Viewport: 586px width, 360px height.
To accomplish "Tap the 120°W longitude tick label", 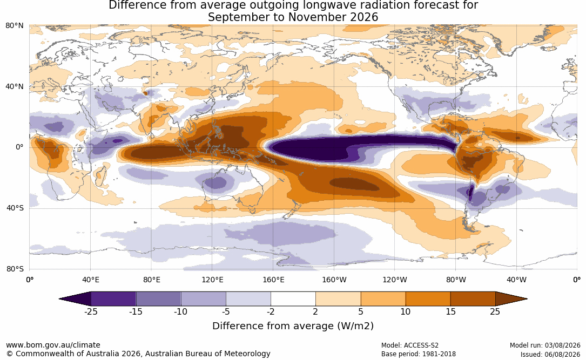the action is coord(395,280).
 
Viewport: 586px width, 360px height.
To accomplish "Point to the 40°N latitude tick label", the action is coord(14,87).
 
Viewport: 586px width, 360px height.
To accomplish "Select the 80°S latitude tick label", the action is coord(15,269).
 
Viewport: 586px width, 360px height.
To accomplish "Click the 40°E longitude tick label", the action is coord(90,280).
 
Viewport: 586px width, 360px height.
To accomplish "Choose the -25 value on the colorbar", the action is coord(91,311).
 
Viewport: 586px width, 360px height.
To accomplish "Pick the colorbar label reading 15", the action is coord(450,311).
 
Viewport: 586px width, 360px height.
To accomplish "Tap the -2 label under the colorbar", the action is coord(271,311).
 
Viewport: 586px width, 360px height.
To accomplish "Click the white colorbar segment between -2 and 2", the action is coord(293,299).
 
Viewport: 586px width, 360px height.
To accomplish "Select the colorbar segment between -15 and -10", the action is coord(158,299).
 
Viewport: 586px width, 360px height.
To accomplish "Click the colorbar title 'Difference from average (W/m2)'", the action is coord(293,325).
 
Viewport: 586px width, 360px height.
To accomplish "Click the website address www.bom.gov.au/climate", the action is coord(53,345).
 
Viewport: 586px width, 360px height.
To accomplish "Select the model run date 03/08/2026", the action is coord(563,345).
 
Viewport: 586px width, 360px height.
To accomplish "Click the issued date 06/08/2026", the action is coord(563,354).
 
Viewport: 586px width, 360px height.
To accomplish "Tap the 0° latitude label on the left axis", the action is coord(19,147).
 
